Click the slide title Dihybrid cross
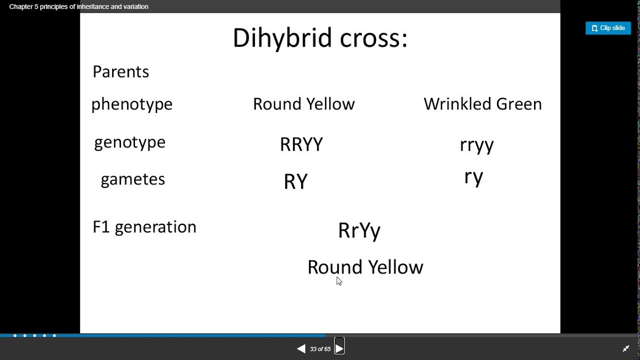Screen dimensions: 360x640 pyautogui.click(x=320, y=38)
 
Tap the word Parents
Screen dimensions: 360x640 pyautogui.click(x=120, y=71)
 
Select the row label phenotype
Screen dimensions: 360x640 pyautogui.click(x=131, y=104)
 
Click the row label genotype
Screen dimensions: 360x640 pyautogui.click(x=129, y=142)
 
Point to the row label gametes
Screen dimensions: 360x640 pyautogui.click(x=132, y=179)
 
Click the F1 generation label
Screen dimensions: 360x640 pyautogui.click(x=144, y=227)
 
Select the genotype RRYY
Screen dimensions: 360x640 pyautogui.click(x=301, y=144)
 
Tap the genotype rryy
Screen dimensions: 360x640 pyautogui.click(x=476, y=145)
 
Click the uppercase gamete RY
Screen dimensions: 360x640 pyautogui.click(x=295, y=182)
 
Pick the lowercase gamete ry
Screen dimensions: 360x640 pyautogui.click(x=473, y=177)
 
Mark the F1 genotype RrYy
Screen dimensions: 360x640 pyautogui.click(x=359, y=231)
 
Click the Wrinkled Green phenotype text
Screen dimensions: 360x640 pyautogui.click(x=482, y=104)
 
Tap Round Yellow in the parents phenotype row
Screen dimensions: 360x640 pyautogui.click(x=303, y=104)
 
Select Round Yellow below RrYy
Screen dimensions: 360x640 pyautogui.click(x=365, y=267)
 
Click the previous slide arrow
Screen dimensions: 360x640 pyautogui.click(x=301, y=349)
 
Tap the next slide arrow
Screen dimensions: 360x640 pyautogui.click(x=339, y=349)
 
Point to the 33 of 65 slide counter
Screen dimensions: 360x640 pyautogui.click(x=320, y=349)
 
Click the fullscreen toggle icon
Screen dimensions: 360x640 pyautogui.click(x=625, y=348)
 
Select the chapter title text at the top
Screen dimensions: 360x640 pyautogui.click(x=78, y=6)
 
